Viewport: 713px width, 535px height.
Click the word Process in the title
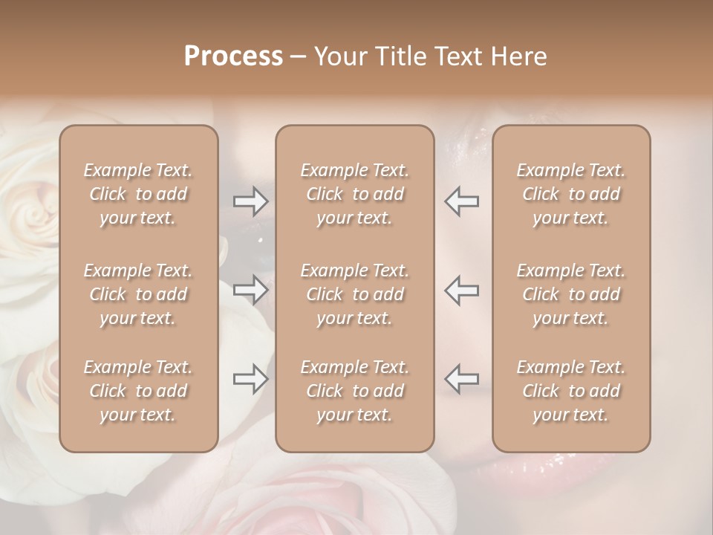point(233,56)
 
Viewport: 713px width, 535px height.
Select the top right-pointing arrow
point(251,201)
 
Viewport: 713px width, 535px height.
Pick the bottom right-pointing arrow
point(251,380)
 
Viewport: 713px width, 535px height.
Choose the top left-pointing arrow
point(461,201)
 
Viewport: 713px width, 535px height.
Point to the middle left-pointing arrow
point(461,290)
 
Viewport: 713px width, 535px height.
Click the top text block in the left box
point(138,194)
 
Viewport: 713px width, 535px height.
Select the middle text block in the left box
point(138,294)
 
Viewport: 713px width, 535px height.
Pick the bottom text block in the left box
point(138,391)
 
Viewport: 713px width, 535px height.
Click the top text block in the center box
point(354,194)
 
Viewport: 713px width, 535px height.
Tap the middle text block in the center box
point(354,294)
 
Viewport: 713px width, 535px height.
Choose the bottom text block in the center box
point(354,391)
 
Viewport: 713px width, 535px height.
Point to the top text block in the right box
point(570,194)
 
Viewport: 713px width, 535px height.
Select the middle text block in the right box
point(570,294)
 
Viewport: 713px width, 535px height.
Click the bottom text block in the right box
point(570,391)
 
